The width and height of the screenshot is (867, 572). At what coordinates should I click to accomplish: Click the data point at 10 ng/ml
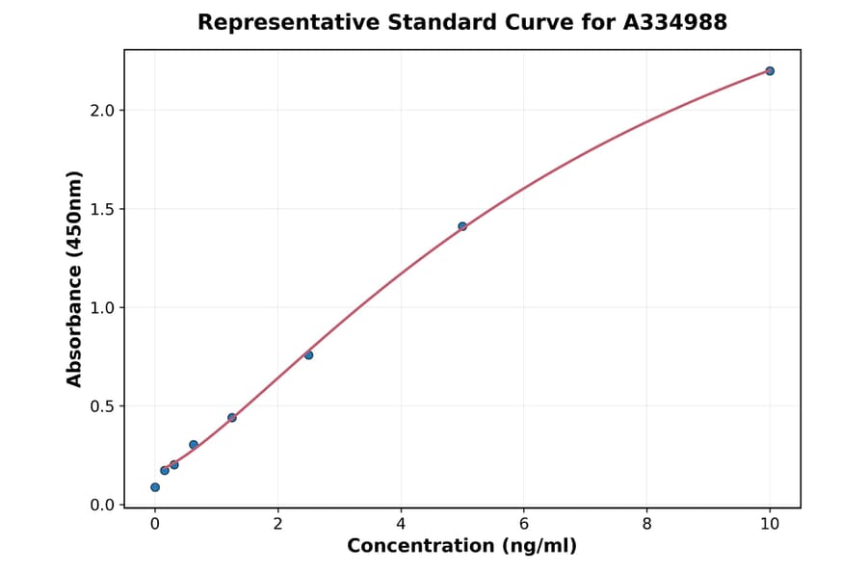(770, 70)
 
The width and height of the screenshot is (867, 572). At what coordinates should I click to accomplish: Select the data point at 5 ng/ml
(462, 226)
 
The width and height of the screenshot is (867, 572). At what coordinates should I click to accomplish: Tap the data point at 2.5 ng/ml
(308, 355)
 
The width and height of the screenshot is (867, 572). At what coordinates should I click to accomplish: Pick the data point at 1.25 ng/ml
(232, 417)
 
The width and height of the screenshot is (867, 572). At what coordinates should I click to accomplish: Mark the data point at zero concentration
(155, 487)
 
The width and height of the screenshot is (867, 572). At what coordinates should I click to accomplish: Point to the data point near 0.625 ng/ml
(194, 445)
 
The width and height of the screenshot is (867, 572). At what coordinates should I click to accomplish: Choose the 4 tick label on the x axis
(401, 524)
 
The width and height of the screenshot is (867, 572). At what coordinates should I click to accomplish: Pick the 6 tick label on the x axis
(524, 524)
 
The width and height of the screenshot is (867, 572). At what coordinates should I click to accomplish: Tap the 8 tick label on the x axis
(646, 524)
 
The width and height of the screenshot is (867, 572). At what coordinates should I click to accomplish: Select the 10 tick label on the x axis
(770, 524)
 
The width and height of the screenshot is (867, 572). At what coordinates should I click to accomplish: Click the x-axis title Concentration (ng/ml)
(461, 547)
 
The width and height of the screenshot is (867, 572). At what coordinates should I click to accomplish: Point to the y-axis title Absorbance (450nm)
(75, 278)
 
